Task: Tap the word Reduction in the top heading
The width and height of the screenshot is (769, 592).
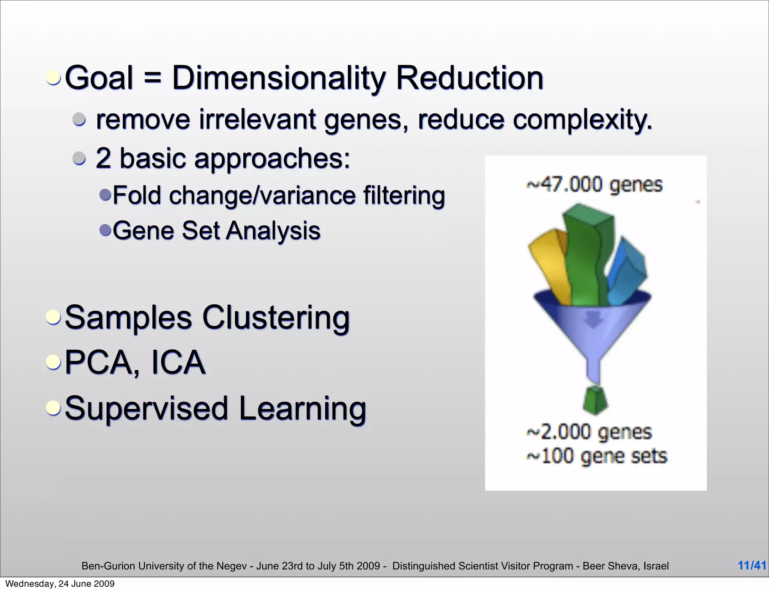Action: click(469, 78)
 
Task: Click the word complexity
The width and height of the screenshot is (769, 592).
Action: click(582, 119)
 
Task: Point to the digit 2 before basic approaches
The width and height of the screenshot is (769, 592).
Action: click(104, 158)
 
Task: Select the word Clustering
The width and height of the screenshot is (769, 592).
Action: click(276, 318)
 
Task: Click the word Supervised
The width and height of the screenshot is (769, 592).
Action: click(146, 408)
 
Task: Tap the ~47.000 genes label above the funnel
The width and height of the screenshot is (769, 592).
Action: click(594, 185)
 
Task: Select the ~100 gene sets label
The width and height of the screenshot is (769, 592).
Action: click(597, 456)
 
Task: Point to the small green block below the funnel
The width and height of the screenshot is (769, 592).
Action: click(596, 400)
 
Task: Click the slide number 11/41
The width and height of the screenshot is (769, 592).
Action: click(752, 565)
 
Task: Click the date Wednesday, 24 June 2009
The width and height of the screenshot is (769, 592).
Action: click(60, 584)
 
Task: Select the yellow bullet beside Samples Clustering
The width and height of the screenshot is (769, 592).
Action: click(53, 317)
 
